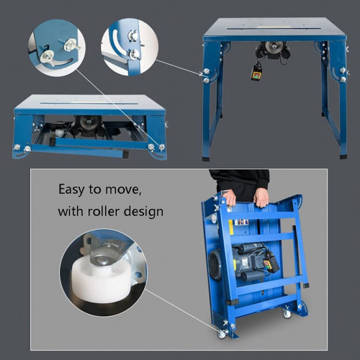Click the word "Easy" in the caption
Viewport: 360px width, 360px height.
pos(71,190)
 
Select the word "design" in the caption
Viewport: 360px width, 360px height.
pos(143,212)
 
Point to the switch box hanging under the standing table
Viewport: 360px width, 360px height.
pos(256,73)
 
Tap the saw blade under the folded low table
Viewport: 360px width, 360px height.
pos(89,122)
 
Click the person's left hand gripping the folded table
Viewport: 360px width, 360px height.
pos(261,197)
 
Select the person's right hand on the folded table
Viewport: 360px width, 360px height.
pos(230,197)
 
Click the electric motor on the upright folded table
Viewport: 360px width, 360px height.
pos(250,262)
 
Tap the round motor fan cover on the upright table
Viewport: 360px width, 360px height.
pos(215,265)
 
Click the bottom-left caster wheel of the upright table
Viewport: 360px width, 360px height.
pos(222,333)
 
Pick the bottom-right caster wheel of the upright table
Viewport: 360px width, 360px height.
pos(287,312)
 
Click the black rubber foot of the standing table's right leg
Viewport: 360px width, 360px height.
pos(343,156)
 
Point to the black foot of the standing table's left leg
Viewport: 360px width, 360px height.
pos(206,159)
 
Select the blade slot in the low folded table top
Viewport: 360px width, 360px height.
pos(89,104)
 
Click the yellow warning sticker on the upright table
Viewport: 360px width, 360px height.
pos(231,227)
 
